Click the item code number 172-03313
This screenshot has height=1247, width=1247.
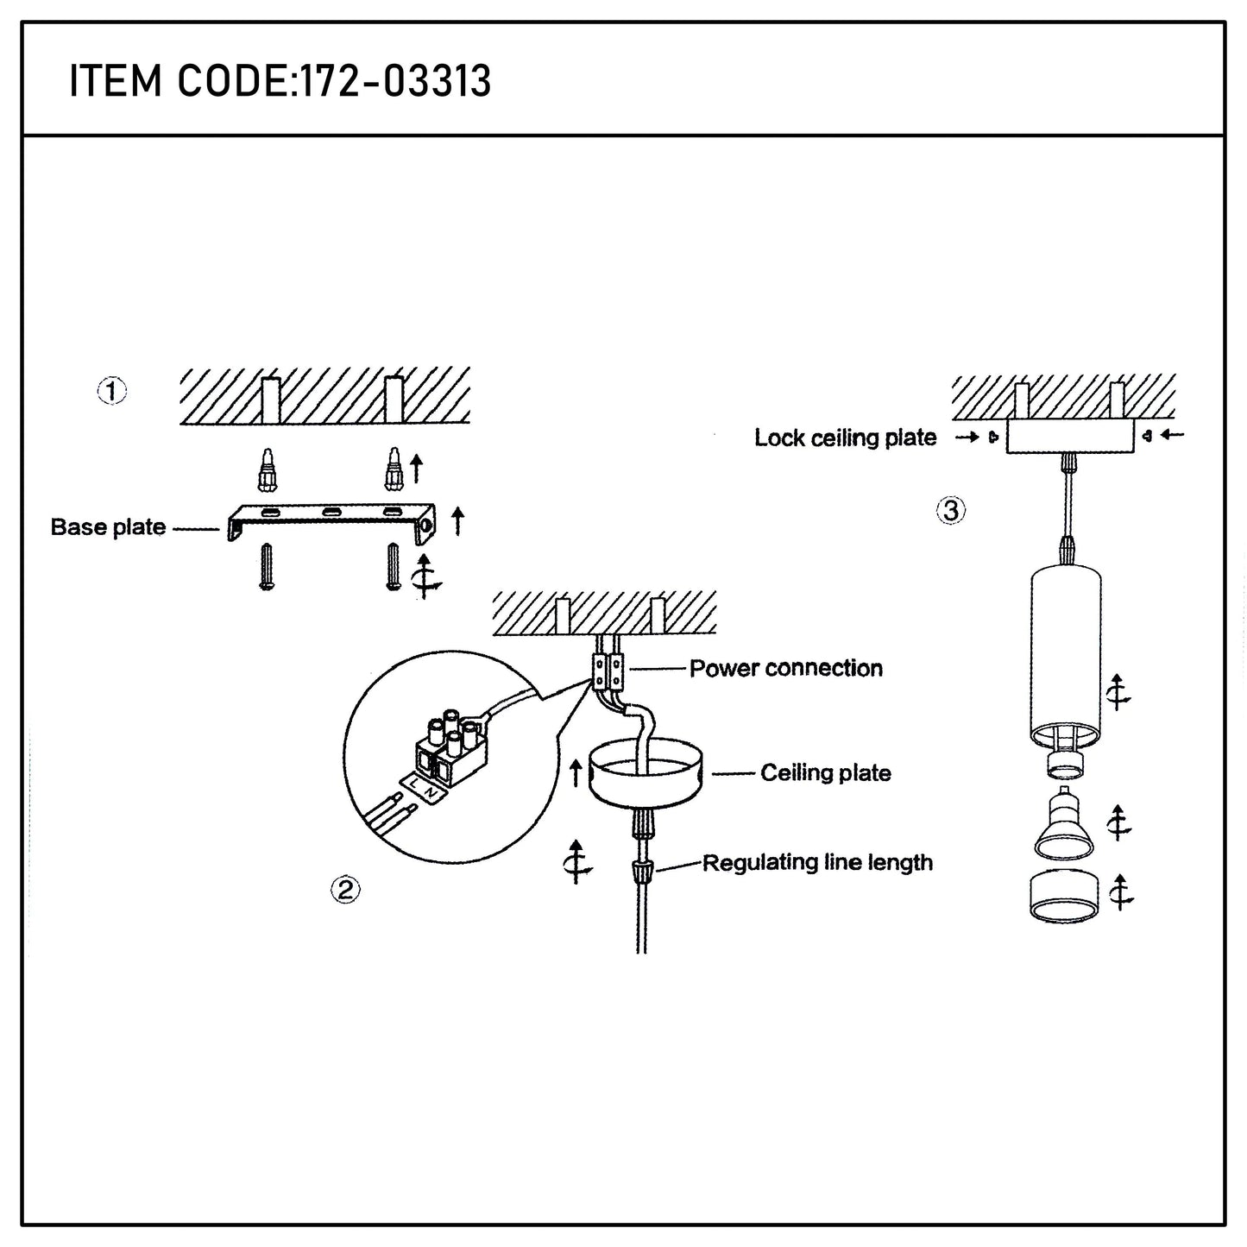(394, 82)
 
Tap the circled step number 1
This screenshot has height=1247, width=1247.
(111, 391)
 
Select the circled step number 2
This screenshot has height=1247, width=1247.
(345, 890)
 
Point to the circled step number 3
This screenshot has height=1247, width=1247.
(950, 511)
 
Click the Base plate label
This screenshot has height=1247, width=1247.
(108, 527)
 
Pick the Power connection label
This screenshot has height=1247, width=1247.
(785, 669)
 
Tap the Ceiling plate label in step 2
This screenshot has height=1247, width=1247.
(825, 773)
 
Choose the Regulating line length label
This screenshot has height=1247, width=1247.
(816, 863)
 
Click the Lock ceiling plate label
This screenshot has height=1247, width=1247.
(845, 438)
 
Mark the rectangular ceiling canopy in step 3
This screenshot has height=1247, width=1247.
(1069, 438)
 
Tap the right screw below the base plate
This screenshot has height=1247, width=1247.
(394, 567)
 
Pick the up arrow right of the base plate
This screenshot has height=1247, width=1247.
(457, 521)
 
